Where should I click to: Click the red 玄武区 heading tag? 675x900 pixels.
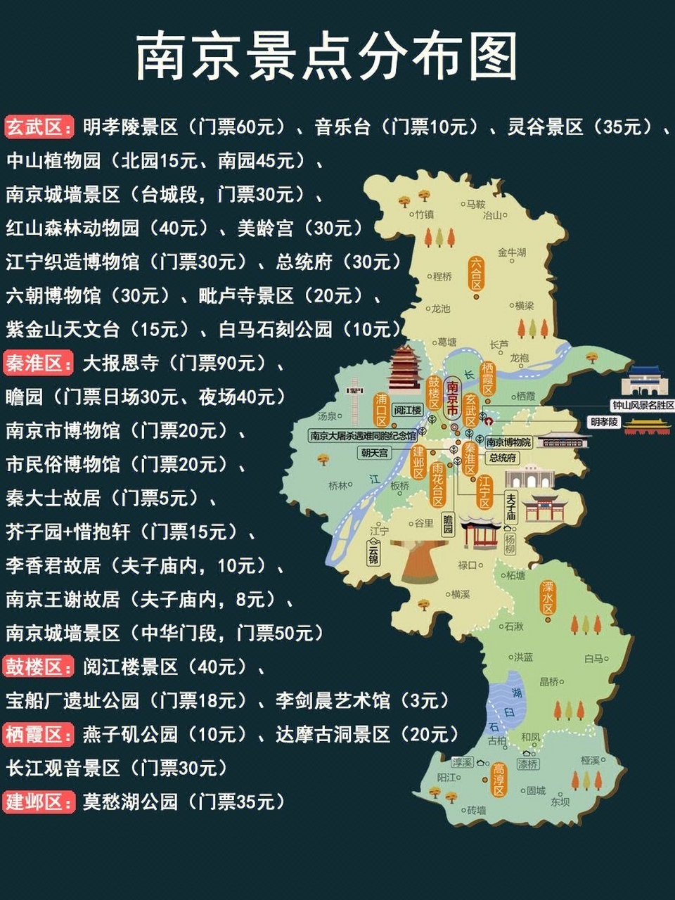[x=39, y=127]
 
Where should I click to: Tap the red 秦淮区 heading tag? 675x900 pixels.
[x=39, y=364]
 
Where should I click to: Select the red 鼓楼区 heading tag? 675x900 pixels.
[x=39, y=667]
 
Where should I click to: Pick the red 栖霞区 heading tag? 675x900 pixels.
[x=39, y=735]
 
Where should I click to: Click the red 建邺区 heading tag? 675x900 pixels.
[x=39, y=802]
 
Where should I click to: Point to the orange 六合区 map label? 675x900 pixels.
[x=477, y=274]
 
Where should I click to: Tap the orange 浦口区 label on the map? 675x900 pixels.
[x=381, y=410]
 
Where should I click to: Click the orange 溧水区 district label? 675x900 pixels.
[x=548, y=598]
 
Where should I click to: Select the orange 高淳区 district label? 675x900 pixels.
[x=499, y=780]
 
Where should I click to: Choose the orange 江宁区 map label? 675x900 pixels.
[x=484, y=491]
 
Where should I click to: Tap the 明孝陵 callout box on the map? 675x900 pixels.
[x=604, y=422]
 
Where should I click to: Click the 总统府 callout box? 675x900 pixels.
[x=503, y=458]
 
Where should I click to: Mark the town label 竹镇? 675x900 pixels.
[x=424, y=214]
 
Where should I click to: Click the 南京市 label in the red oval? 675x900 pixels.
[x=454, y=397]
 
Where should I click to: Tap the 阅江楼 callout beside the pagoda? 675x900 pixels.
[x=407, y=410]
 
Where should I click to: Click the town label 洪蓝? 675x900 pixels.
[x=523, y=657]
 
